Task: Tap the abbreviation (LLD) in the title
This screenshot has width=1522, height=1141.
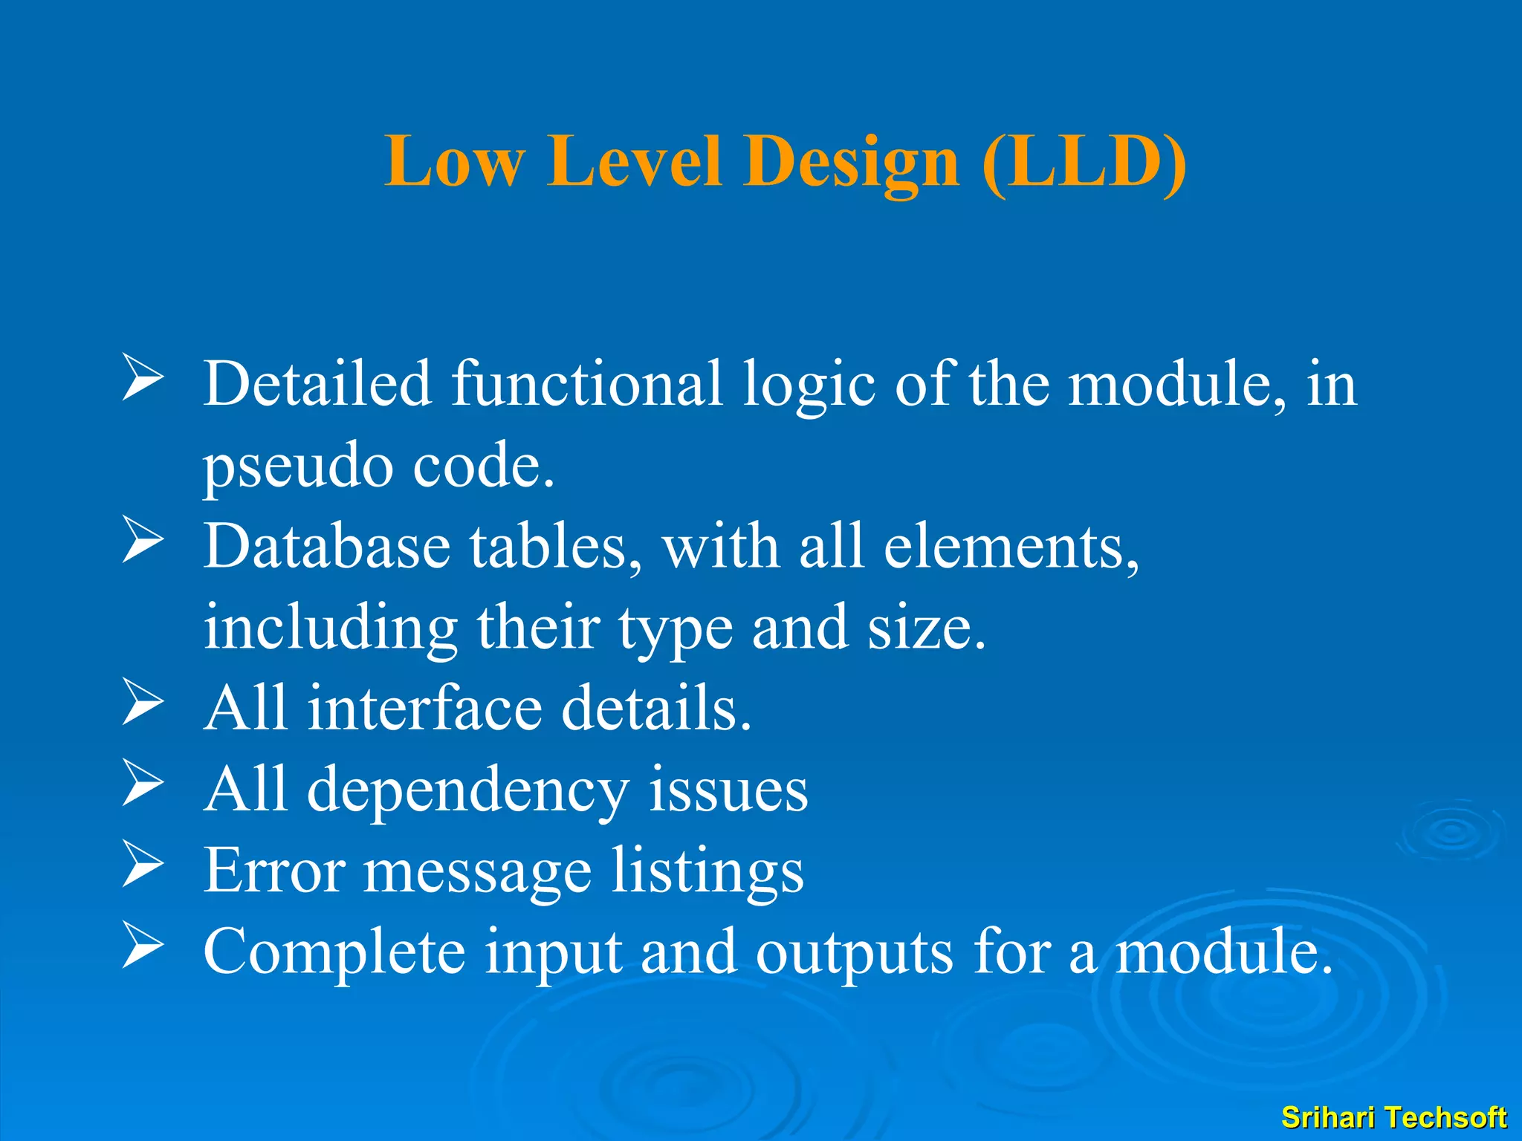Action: click(1084, 163)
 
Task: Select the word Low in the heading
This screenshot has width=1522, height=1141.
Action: click(455, 163)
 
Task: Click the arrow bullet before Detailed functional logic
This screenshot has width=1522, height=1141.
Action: click(142, 378)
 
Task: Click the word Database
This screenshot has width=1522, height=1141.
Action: click(327, 547)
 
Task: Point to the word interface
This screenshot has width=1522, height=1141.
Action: click(425, 709)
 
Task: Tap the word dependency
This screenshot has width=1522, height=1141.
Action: click(468, 790)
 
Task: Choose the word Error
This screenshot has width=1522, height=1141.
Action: click(274, 871)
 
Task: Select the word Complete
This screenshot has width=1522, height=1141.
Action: click(334, 952)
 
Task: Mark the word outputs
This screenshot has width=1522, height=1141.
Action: click(854, 952)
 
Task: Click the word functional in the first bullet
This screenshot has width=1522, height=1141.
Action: click(587, 385)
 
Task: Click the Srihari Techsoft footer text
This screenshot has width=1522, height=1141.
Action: click(1393, 1117)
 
